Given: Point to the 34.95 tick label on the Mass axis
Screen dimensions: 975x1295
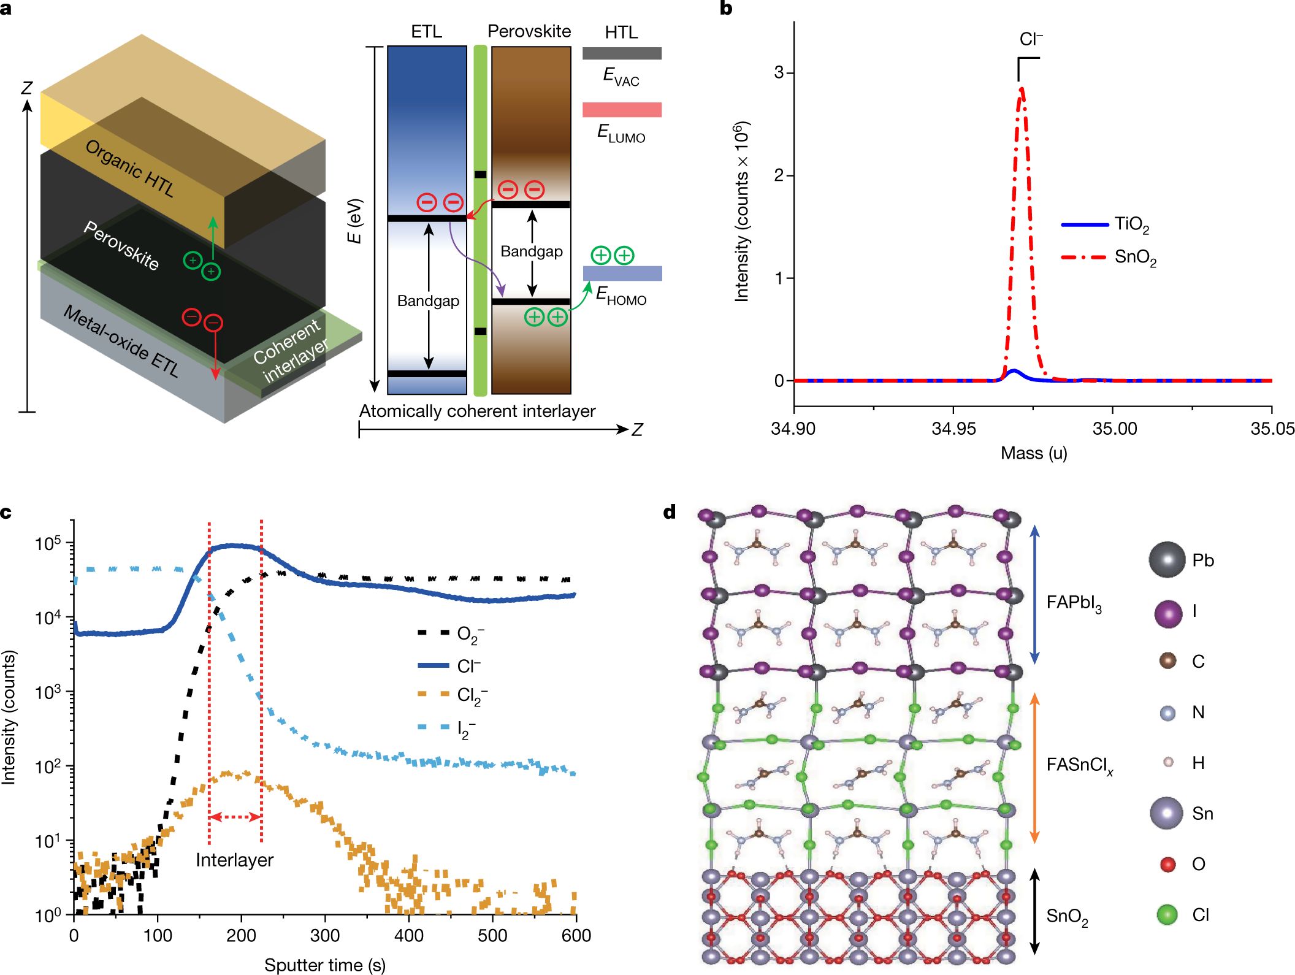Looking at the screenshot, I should point(953,429).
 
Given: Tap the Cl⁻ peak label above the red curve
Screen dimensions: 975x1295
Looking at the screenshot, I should point(1031,39).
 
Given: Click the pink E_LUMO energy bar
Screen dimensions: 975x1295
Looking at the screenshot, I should point(622,110).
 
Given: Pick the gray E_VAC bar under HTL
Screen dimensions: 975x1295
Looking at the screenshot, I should point(622,53).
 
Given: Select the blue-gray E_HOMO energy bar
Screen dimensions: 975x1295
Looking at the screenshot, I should point(622,273).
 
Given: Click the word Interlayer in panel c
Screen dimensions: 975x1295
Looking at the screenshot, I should point(234,860).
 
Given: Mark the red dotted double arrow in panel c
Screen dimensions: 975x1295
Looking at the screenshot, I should point(235,817).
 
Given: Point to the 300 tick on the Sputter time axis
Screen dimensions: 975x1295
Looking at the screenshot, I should point(324,936).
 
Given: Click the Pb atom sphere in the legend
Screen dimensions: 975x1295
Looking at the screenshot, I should point(1167,560).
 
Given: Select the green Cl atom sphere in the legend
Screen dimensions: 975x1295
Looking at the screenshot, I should point(1167,915).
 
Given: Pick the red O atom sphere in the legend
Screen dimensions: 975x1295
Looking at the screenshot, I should point(1167,864).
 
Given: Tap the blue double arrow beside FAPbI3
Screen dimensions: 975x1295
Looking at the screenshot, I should point(1034,595).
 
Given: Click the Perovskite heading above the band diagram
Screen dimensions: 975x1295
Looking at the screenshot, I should point(529,31).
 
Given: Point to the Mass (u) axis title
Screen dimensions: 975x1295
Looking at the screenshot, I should point(1034,453).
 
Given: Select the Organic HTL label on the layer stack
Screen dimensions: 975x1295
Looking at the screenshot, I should point(129,168).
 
